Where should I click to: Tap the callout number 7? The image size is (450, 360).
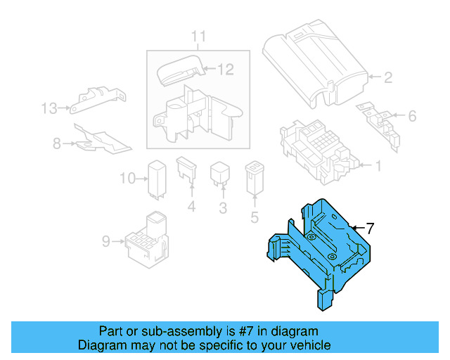371,228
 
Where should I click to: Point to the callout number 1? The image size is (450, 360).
378,166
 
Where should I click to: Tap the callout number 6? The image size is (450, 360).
412,116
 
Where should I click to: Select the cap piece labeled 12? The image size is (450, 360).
179,70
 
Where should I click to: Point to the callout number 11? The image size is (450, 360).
199,36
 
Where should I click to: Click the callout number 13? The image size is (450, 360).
48,108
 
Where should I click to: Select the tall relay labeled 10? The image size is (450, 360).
155,179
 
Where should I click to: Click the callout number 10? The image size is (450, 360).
126,179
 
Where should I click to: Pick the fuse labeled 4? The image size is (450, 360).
186,172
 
